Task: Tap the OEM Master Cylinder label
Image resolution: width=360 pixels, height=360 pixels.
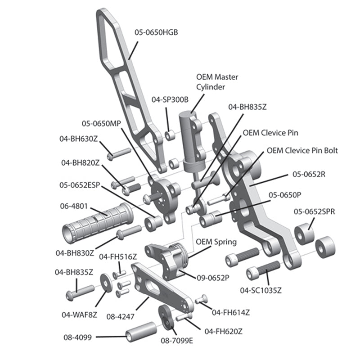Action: coord(217,82)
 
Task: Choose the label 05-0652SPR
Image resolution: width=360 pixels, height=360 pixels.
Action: coord(314,211)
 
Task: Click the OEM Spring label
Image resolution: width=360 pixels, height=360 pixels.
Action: coord(216,242)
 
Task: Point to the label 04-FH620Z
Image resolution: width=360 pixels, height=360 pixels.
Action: coord(224,331)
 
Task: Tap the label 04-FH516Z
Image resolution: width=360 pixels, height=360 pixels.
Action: coord(118,257)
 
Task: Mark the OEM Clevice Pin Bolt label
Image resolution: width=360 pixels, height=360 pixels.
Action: coord(302,150)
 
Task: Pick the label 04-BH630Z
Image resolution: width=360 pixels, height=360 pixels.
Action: coord(79,139)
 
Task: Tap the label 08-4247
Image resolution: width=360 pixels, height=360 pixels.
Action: coord(121,316)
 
